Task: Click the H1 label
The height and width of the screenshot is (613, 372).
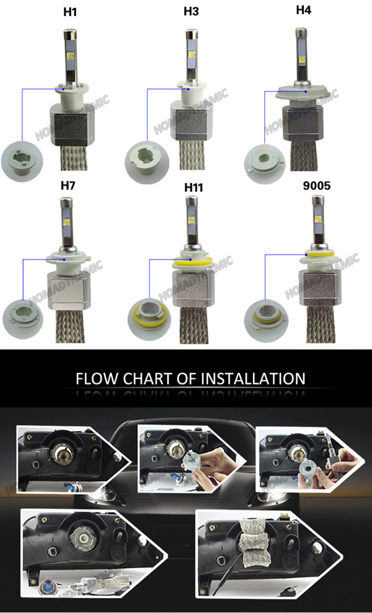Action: click(x=70, y=12)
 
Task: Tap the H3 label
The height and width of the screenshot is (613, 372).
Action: click(x=191, y=12)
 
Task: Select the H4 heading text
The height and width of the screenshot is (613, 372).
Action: click(x=303, y=10)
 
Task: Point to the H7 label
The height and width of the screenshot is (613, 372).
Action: click(x=68, y=185)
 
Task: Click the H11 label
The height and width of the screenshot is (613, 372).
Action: click(x=194, y=188)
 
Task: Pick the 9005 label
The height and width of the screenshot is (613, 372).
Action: click(x=317, y=185)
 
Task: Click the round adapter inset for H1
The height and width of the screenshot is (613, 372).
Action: click(x=22, y=161)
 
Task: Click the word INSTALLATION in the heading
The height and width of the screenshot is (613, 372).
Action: click(x=253, y=378)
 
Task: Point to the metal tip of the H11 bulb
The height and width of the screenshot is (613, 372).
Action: click(x=192, y=201)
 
